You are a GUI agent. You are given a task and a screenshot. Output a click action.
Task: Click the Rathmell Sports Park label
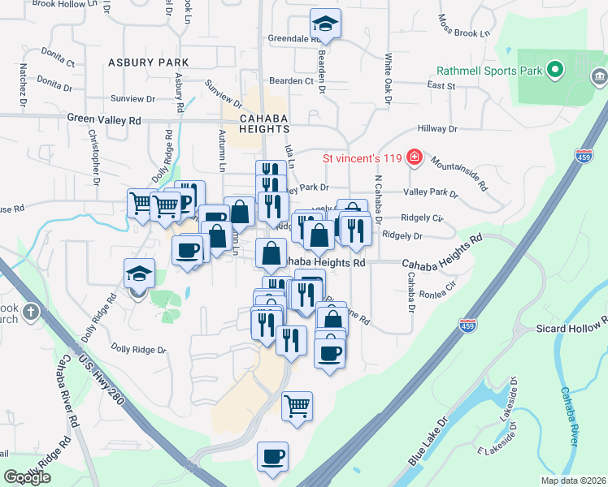coord(489,71)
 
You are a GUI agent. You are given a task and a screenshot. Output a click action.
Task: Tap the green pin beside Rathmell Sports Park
coord(556,71)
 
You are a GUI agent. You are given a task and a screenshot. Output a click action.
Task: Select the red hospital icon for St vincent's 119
coord(415,157)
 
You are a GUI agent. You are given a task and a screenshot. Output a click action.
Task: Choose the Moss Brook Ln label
coord(465,27)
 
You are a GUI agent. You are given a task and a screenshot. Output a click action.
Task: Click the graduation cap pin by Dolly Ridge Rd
coord(139,274)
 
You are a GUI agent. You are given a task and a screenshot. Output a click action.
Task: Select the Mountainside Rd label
coord(460,173)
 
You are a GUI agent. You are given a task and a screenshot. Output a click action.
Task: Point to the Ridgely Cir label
coord(421,218)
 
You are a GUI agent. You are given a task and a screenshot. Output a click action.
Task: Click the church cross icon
coord(31,311)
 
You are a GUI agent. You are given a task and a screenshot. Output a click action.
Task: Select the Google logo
coord(27,477)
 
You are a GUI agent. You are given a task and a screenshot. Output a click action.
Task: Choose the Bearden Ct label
coord(291,81)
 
